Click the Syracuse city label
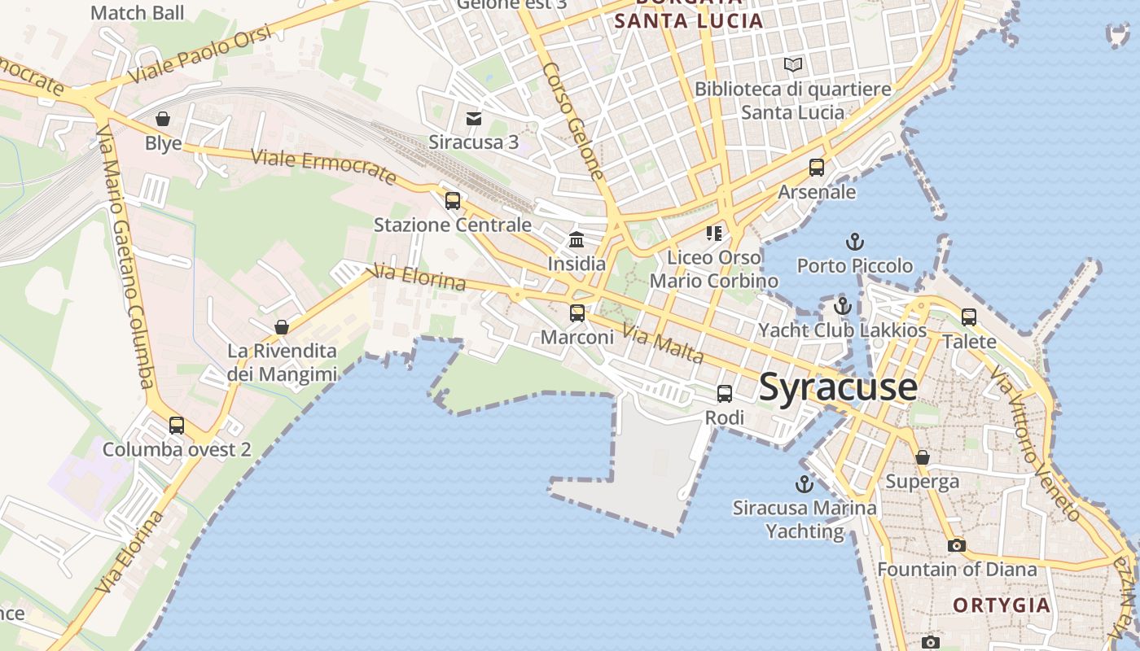[x=838, y=387]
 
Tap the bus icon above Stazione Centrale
[x=453, y=200]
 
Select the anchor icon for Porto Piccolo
[x=854, y=242]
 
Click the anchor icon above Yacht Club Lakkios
[x=843, y=307]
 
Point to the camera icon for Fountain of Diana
[x=957, y=545]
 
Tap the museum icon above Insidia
[x=577, y=239]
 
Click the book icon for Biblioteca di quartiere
[x=792, y=64]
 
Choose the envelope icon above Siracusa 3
[x=473, y=119]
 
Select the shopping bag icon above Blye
[x=163, y=120]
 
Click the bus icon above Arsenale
[x=817, y=168]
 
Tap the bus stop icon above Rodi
[x=724, y=394]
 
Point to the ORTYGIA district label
[x=1001, y=605]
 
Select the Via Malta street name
[x=663, y=343]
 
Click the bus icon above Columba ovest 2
[x=176, y=425]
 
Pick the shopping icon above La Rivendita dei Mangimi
[x=281, y=327]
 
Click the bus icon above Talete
[x=968, y=317]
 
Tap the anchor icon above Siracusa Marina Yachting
[x=805, y=484]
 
